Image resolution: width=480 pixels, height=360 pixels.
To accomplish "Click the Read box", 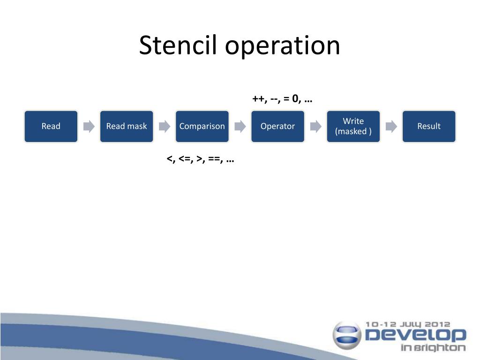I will pos(51,126).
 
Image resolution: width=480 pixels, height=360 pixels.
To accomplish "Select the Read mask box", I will pos(127,126).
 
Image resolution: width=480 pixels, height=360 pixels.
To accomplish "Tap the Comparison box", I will pos(202,126).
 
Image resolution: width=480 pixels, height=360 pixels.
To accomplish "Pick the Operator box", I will pos(277,126).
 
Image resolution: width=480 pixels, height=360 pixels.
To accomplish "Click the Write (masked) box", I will pos(353,126).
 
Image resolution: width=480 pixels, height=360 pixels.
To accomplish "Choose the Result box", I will pos(429,126).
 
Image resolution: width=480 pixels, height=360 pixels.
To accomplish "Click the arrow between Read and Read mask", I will pos(89,126).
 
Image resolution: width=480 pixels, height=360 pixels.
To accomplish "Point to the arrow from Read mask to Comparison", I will pos(165,126).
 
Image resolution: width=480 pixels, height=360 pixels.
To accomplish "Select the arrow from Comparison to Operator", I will pos(240,126).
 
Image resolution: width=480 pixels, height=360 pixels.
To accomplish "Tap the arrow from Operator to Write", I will pos(315,126).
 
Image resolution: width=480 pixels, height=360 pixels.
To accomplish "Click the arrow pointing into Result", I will pos(391,126).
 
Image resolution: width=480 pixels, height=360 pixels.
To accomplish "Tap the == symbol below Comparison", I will pos(215,159).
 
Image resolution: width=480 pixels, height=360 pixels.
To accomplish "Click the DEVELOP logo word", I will pos(415,335).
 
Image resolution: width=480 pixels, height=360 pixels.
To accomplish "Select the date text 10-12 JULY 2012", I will pos(407,324).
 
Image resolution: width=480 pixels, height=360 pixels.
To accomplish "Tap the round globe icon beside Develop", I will pos(347,335).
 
